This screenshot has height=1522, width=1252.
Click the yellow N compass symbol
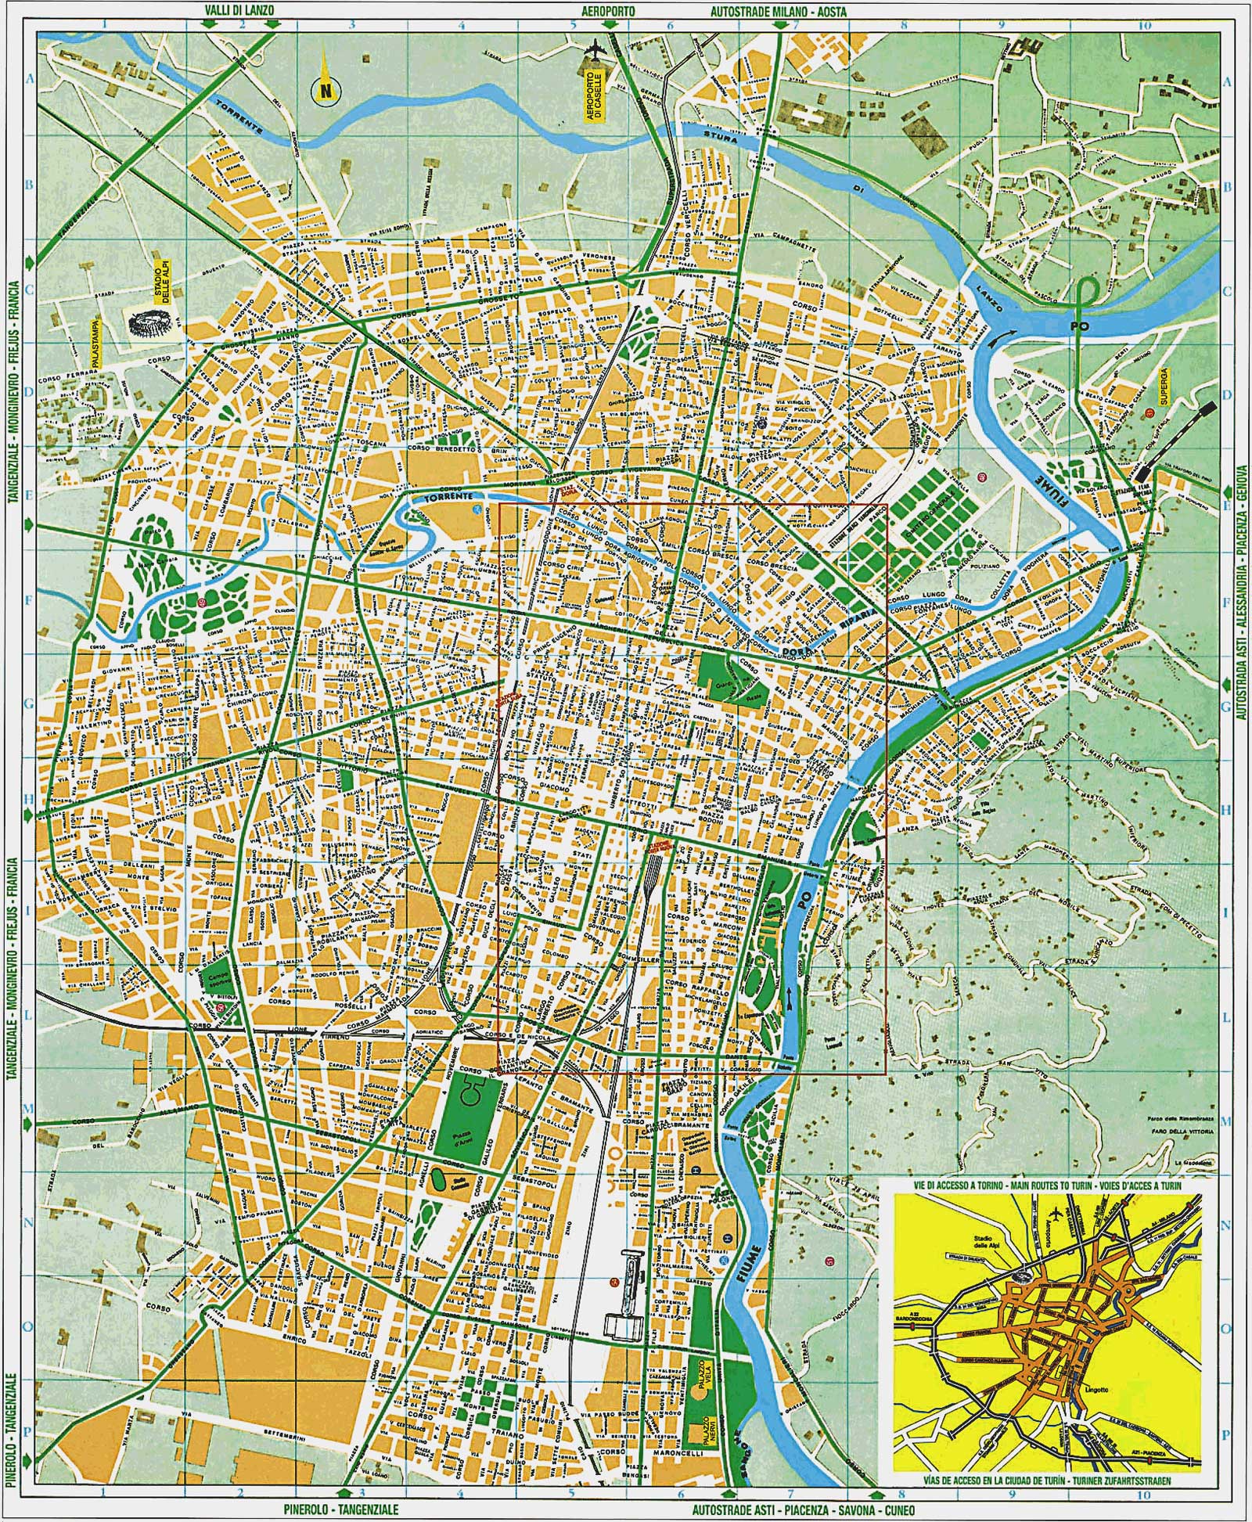[x=324, y=92]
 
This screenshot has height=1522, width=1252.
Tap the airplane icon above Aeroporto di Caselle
[x=598, y=49]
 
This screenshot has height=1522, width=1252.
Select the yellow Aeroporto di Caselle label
[x=596, y=93]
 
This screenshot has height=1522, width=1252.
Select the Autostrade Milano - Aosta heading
[x=779, y=10]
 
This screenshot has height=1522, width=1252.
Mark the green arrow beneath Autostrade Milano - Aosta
[x=780, y=25]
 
